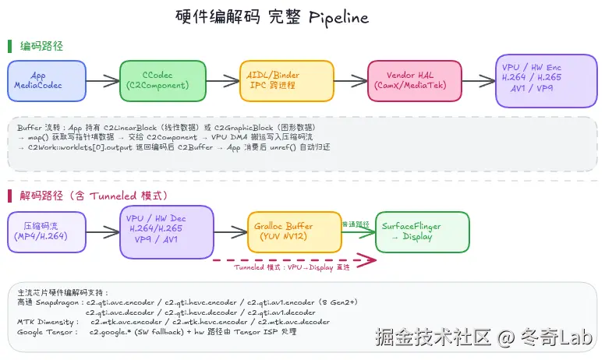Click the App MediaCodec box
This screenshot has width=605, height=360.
47,80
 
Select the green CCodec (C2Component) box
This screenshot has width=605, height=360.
163,80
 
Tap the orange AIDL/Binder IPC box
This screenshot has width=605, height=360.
285,80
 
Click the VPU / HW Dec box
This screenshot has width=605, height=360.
165,231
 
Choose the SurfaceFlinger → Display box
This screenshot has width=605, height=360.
422,231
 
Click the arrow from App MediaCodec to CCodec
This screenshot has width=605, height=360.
103,80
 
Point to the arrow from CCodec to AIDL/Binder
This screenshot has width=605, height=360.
222,80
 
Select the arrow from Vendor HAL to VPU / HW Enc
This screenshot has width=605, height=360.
479,80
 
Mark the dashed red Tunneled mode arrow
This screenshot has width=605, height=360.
288,259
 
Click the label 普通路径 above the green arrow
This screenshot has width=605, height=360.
356,224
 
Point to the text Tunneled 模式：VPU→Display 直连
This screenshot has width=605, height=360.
292,267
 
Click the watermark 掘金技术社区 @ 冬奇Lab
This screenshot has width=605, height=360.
484,338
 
